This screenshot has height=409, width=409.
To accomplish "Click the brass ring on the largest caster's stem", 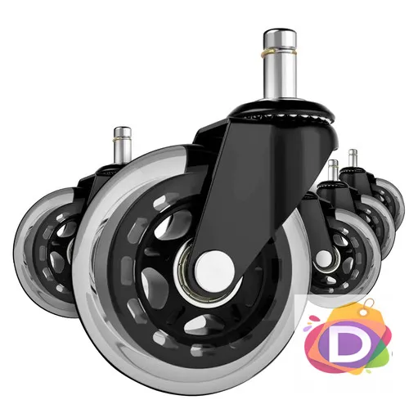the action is pyautogui.click(x=280, y=52).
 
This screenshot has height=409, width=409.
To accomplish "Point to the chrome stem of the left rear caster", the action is pyautogui.click(x=123, y=146).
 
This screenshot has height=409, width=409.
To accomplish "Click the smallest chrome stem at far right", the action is pyautogui.click(x=353, y=159).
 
